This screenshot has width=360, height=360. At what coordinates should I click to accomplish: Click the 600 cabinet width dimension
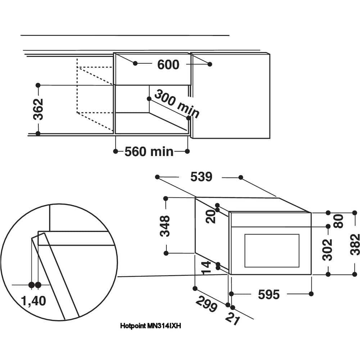168,64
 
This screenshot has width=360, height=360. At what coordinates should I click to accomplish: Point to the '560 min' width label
149,152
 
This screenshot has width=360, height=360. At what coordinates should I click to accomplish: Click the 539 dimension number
201,177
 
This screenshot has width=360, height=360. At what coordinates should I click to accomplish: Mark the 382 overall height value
355,244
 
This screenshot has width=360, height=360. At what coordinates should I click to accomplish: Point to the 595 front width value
269,294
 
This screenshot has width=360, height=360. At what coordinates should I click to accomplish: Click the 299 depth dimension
207,304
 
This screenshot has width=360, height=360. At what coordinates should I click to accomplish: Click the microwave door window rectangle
272,251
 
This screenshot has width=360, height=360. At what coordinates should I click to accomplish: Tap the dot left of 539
157,177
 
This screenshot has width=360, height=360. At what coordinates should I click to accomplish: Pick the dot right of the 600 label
210,64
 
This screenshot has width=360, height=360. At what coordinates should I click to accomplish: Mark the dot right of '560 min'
187,152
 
